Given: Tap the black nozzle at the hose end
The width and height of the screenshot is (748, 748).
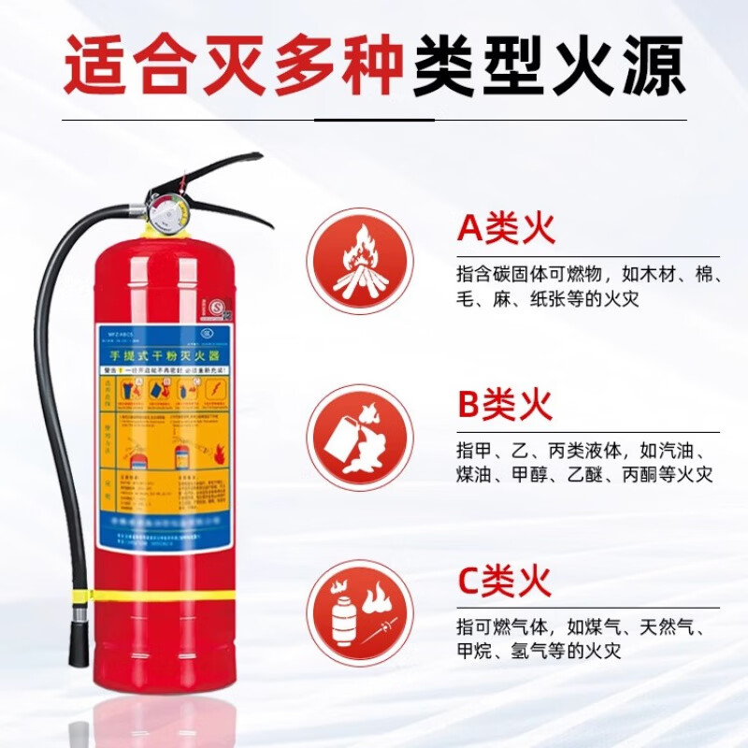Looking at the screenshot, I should coord(78,641).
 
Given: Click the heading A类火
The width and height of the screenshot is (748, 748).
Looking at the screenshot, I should coord(506,227).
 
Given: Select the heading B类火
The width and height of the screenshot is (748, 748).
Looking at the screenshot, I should coord(506,405).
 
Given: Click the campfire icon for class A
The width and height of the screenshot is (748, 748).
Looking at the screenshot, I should coord(360,260).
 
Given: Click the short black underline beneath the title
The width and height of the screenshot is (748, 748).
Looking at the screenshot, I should coord(374,120).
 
